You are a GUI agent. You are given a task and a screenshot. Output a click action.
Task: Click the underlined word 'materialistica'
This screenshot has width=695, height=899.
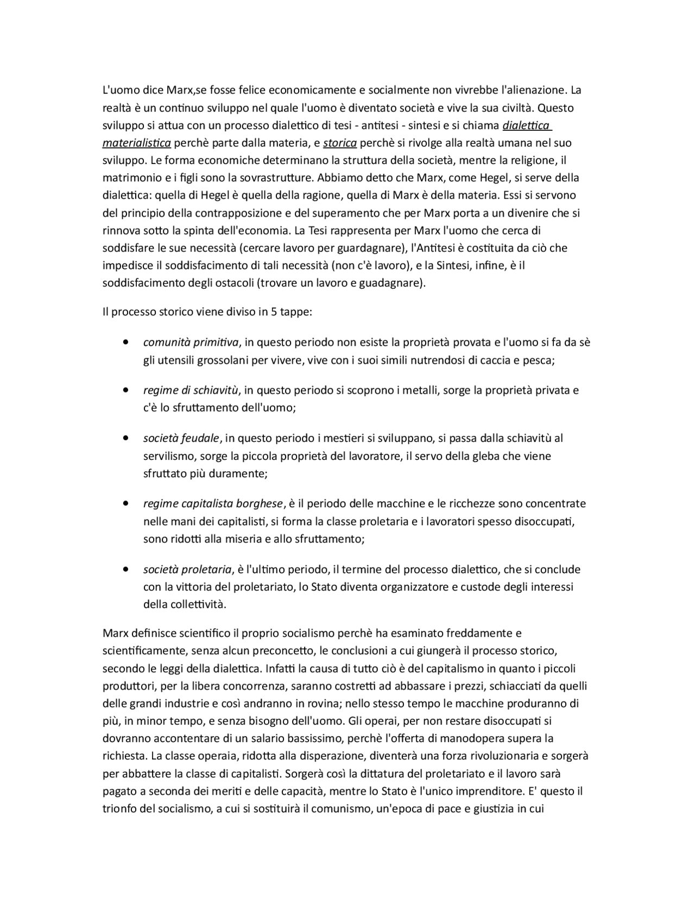(136, 143)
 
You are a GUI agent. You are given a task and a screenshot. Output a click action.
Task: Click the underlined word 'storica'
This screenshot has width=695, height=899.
(340, 143)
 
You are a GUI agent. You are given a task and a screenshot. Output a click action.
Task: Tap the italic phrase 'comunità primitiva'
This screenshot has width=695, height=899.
(191, 343)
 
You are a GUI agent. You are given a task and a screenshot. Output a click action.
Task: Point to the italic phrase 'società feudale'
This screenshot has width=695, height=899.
(181, 438)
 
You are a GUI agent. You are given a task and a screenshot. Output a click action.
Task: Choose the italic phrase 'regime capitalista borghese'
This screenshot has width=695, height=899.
(213, 504)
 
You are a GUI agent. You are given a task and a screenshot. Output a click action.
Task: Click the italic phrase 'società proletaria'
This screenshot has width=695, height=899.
(187, 569)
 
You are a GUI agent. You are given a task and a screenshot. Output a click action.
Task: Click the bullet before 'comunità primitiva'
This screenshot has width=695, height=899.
(126, 343)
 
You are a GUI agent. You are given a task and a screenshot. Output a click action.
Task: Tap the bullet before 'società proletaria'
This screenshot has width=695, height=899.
(126, 569)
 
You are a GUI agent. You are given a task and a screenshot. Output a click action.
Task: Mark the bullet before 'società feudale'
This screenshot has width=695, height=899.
(126, 438)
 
